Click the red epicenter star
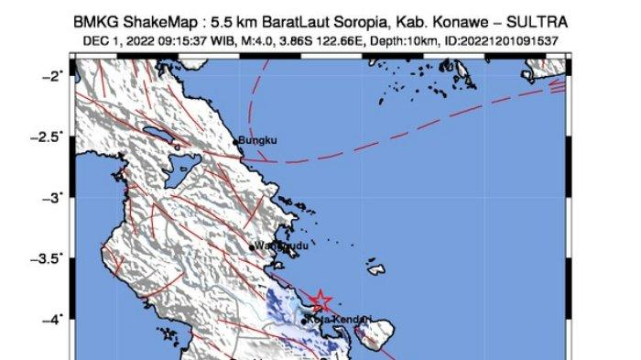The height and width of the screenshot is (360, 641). click(x=320, y=300)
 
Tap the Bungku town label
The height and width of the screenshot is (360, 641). click(x=257, y=141)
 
